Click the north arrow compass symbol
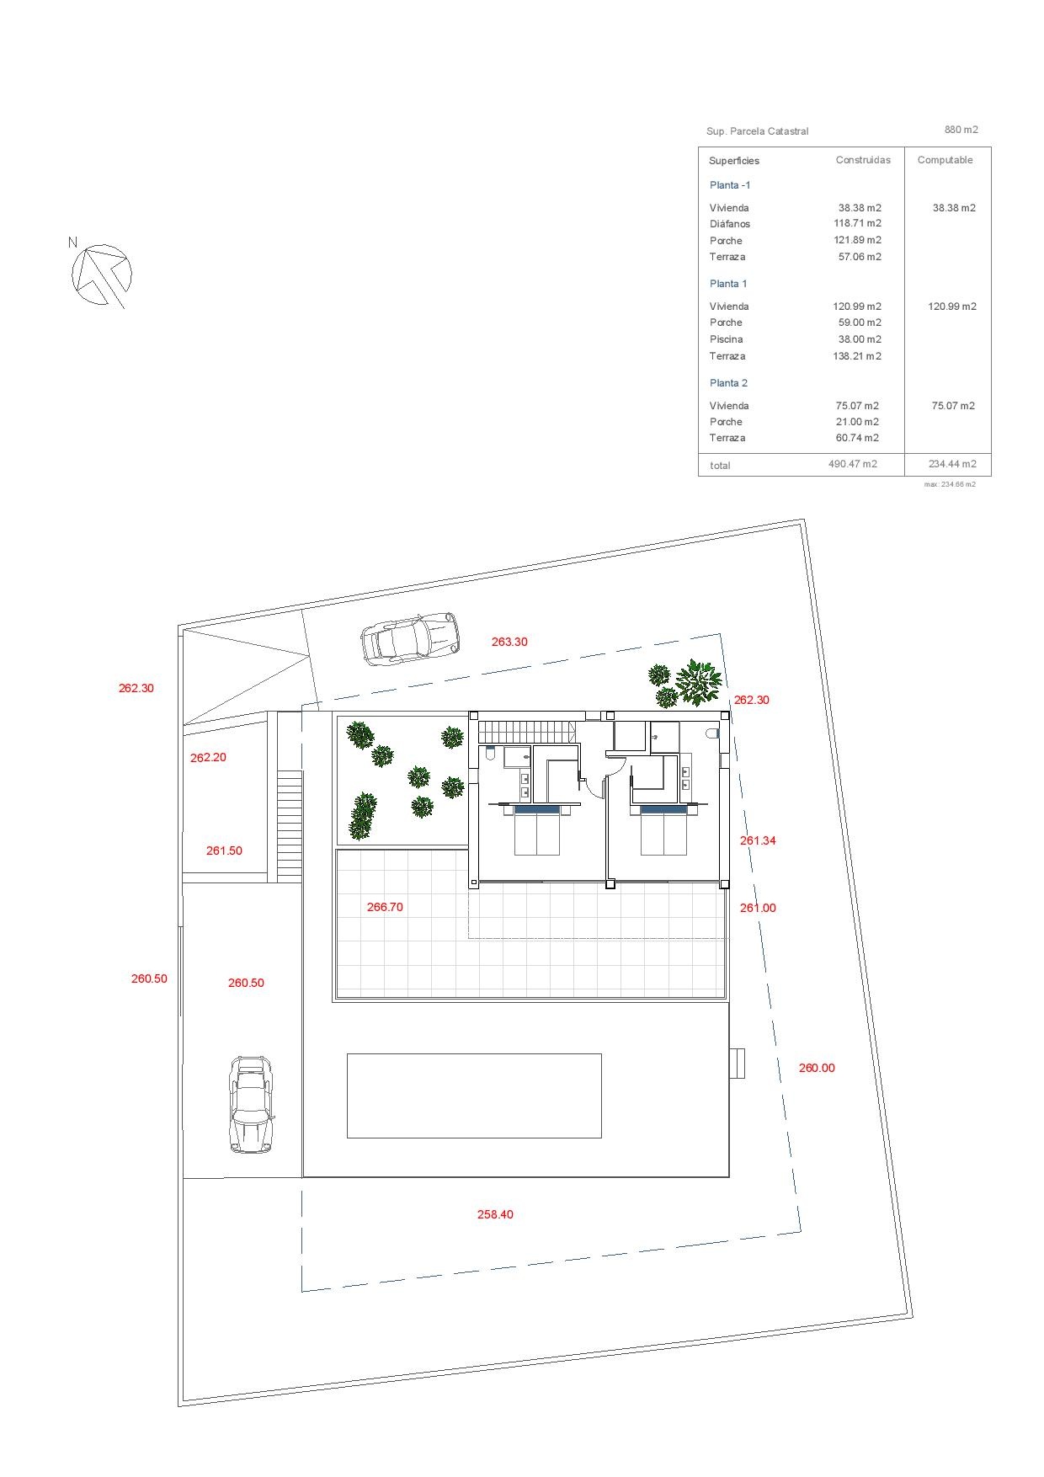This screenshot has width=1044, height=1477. [x=101, y=275]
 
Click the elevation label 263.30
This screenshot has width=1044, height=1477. [x=509, y=642]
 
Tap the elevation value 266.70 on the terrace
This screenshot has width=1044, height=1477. [x=385, y=907]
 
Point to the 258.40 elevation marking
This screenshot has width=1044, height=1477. [x=495, y=1214]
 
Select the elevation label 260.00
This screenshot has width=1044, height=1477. [x=817, y=1068]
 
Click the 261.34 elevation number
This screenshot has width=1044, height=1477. [x=758, y=840]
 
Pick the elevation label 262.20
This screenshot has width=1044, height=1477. [x=208, y=757]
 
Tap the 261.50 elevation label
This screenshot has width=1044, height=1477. [x=224, y=850]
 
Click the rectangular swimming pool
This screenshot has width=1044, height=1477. [x=474, y=1096]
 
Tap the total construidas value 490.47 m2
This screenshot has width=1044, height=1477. [x=853, y=464]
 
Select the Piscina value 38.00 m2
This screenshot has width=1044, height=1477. [x=857, y=339]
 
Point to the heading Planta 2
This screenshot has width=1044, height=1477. [x=728, y=383]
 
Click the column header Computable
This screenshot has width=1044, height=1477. [x=945, y=160]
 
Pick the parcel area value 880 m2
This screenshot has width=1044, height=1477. [x=961, y=130]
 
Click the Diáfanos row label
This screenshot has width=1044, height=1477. [x=729, y=224]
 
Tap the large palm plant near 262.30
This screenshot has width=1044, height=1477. [x=699, y=682]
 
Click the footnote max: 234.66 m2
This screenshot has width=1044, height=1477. [x=950, y=484]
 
